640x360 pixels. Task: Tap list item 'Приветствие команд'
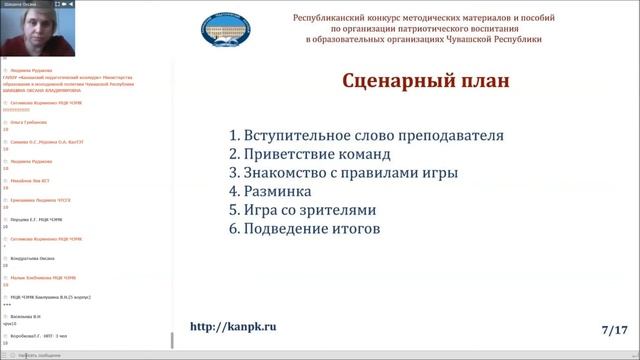[x=317, y=154]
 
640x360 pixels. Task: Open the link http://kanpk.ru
[x=232, y=327]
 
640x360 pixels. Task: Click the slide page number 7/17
[x=614, y=328]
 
